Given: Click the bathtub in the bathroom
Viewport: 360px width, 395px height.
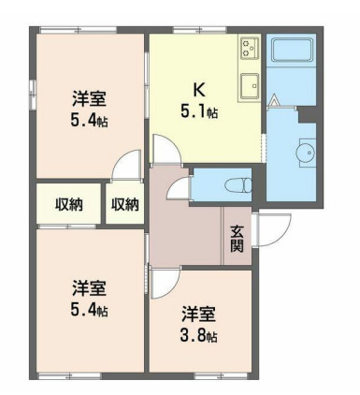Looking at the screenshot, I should (295, 51).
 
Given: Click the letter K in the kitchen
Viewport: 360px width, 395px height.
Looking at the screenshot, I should (198, 90).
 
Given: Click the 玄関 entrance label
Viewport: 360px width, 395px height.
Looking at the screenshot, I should (237, 241).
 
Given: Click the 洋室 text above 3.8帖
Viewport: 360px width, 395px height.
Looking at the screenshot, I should (199, 313).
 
